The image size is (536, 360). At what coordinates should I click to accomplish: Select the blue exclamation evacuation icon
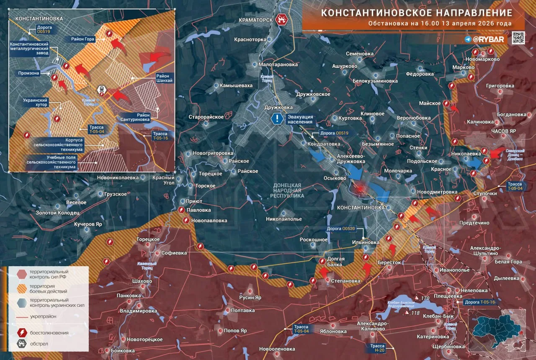[277, 118]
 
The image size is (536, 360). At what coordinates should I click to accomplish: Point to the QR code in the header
[518, 38]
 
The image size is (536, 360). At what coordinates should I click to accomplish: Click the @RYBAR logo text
[490, 39]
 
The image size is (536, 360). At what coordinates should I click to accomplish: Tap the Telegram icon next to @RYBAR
[468, 39]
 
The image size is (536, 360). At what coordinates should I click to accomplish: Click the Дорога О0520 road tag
[343, 229]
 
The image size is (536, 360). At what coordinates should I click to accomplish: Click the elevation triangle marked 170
[417, 298]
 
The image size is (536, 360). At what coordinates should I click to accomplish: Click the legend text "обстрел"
[39, 344]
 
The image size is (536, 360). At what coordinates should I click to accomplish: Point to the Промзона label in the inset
[29, 73]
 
